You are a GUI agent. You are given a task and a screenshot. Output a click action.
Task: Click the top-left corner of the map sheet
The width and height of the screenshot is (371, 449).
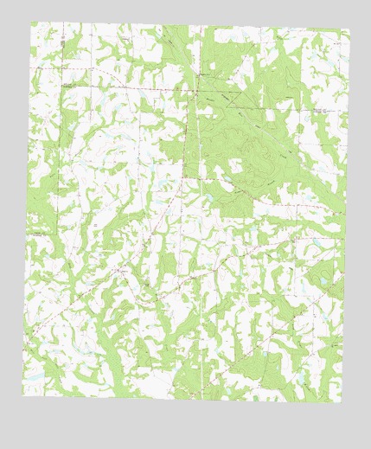tap(31, 22)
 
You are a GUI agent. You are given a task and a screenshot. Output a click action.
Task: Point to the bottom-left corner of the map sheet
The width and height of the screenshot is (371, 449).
tap(22, 394)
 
